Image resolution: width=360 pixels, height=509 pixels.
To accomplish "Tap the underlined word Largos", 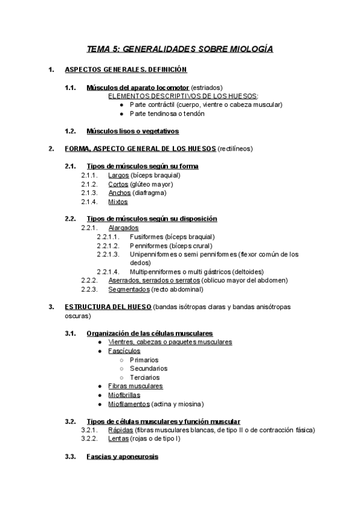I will (x=119, y=175).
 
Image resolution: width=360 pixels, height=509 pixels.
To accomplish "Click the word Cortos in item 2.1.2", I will (x=119, y=184).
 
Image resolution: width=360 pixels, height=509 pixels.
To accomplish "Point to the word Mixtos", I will (x=118, y=202).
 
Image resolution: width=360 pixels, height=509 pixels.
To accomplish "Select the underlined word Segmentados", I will (x=129, y=289).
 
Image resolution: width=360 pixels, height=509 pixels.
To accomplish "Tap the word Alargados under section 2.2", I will (x=124, y=227).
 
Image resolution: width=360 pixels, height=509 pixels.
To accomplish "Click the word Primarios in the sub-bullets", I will (x=145, y=360).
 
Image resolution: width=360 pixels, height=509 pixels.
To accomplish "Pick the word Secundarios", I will (x=148, y=369).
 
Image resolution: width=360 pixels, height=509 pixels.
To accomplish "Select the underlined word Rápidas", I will (x=121, y=430).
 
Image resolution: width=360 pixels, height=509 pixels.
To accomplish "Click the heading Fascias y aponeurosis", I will (x=122, y=457).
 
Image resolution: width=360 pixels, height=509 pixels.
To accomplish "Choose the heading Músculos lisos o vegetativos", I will (x=133, y=131).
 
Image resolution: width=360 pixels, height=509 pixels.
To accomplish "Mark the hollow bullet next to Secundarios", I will (x=122, y=369).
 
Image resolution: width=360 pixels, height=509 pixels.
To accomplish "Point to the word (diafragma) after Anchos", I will (x=149, y=193).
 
